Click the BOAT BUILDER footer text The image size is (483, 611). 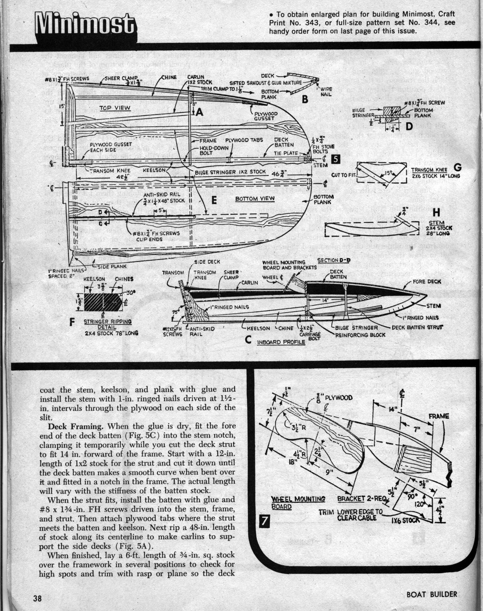click(x=431, y=594)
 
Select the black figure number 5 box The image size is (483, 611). click(x=335, y=158)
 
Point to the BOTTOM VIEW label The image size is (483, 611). click(x=252, y=199)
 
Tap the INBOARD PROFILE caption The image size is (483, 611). click(x=281, y=342)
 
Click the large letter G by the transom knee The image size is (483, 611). click(x=457, y=168)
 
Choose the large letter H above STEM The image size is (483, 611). click(x=436, y=213)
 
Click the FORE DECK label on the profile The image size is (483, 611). click(x=427, y=282)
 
